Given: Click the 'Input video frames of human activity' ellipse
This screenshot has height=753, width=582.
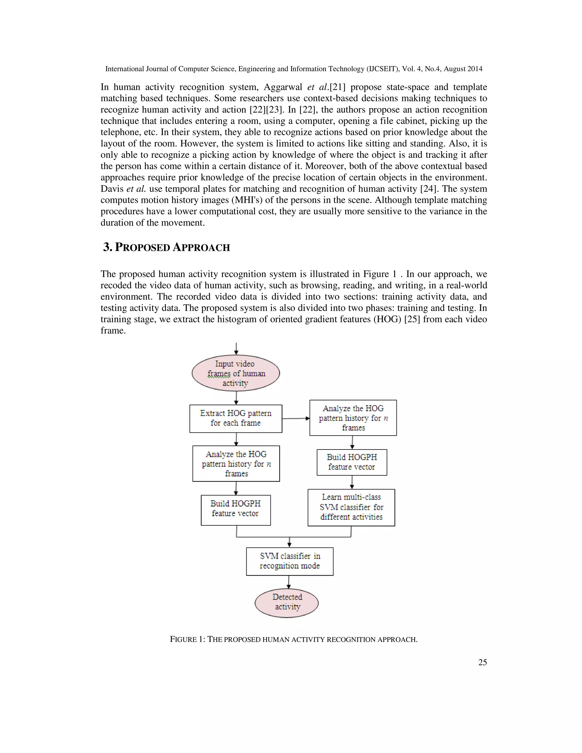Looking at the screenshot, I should coord(236,373).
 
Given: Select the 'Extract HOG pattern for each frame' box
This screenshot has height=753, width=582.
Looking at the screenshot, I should coord(236,418).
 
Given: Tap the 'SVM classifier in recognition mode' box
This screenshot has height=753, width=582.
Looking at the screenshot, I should coord(290,561).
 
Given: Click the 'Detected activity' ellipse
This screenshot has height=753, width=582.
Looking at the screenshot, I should coord(286,603).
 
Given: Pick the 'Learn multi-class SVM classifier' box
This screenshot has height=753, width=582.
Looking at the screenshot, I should coord(351,507).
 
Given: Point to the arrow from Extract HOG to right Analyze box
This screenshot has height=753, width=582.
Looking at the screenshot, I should coord(296,418).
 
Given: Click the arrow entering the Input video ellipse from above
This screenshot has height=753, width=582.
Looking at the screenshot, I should coord(236,349).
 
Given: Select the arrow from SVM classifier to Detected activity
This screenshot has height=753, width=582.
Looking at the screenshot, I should coord(289,582).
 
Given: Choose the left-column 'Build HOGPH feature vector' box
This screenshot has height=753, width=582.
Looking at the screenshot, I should coord(236,510).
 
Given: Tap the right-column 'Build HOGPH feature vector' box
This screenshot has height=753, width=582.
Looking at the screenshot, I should coord(352,462).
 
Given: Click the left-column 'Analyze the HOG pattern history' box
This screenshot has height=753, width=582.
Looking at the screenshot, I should coord(236,463).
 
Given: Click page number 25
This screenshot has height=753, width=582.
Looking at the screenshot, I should coord(482,662).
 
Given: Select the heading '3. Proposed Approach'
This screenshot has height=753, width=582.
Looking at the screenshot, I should coord(167,247).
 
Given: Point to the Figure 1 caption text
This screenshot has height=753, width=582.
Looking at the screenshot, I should coord(294,639).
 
